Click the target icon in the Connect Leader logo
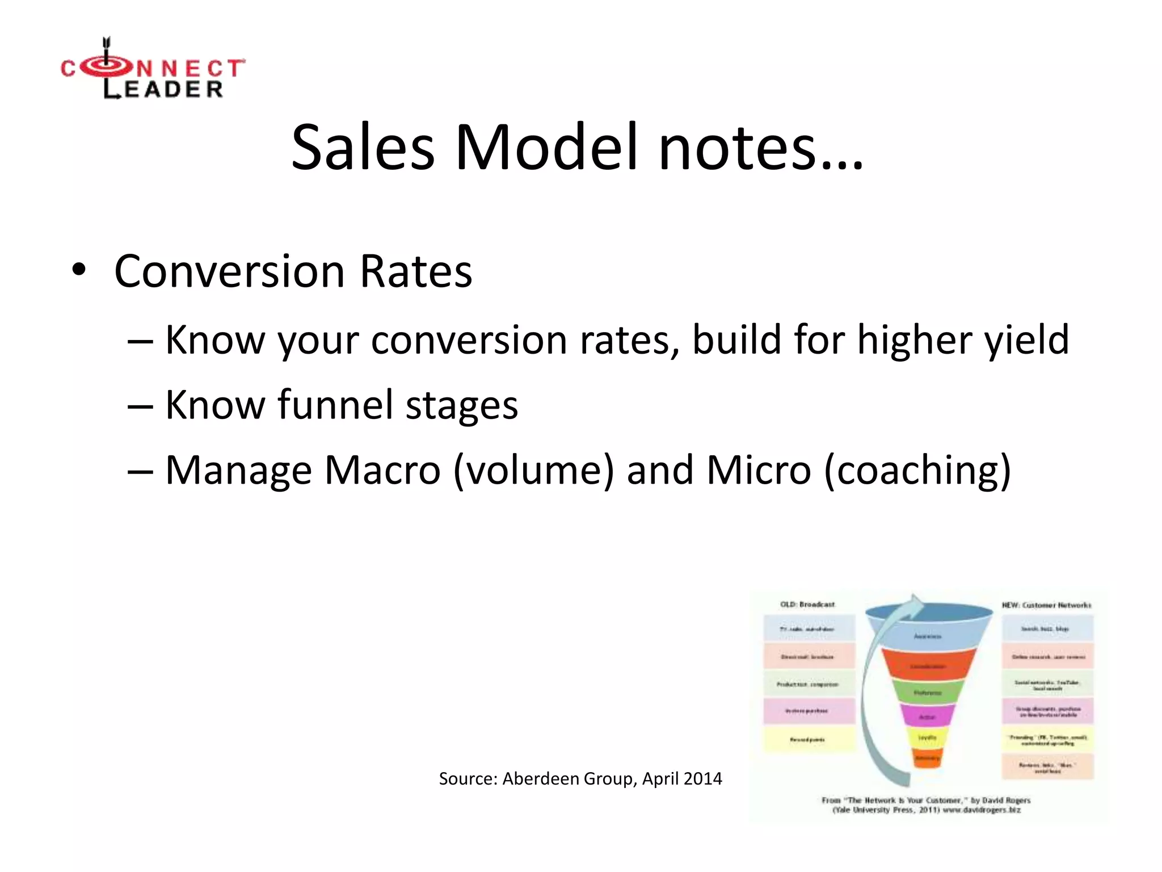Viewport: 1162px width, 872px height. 106,67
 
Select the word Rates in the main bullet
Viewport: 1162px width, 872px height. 416,271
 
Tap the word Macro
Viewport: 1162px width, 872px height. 382,470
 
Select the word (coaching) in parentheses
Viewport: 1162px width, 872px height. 917,470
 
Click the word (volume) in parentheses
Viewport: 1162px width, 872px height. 533,470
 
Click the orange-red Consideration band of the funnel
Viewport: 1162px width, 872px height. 928,665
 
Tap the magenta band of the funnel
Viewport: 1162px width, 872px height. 927,716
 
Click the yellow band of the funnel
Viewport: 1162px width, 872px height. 927,738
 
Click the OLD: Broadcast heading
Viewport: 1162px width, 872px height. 807,604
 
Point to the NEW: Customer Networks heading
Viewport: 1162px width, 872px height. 1046,605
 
